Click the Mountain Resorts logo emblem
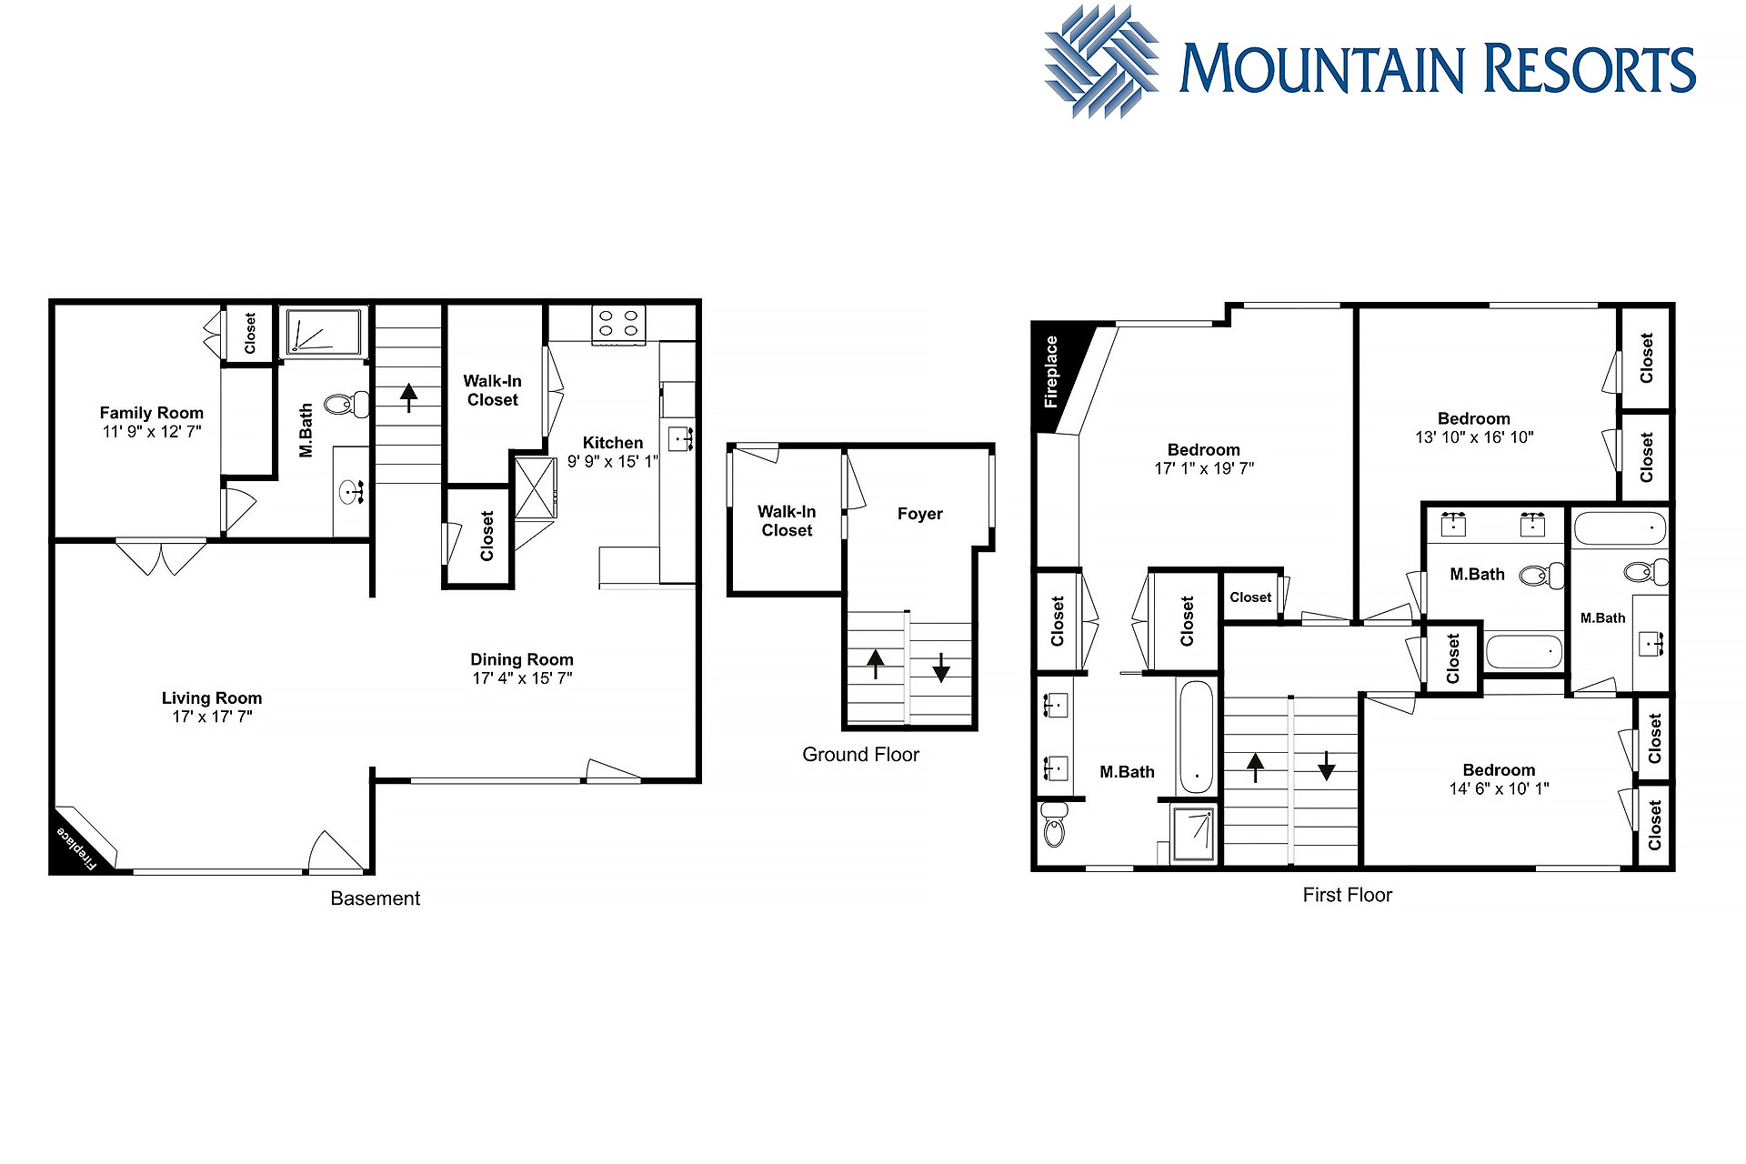coord(1101,62)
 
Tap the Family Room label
coord(152,413)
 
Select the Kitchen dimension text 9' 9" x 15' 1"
coord(612,462)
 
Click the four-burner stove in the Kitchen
coord(618,325)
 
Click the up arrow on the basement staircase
coord(409,397)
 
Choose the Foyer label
coord(920,514)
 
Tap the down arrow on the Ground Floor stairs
coord(941,667)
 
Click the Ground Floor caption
coord(860,755)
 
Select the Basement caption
coord(376,898)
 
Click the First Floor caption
coord(1348,895)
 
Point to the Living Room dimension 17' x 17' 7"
coord(213,717)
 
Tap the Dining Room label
coord(522,659)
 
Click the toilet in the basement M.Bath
coord(347,404)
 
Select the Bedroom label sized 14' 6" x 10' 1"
coord(1499,770)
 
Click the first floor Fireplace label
coord(1052,371)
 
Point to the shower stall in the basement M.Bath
coord(324,332)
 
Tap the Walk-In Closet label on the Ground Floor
coord(787,521)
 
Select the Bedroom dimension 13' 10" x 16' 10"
coord(1474,437)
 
